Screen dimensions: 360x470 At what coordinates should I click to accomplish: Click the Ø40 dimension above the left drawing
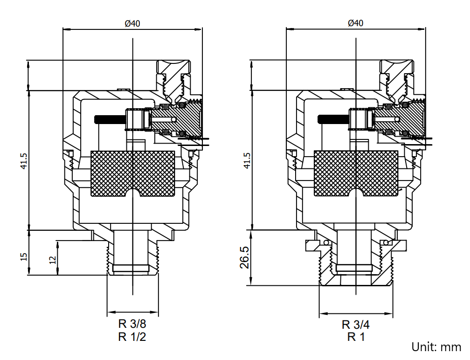click(132, 23)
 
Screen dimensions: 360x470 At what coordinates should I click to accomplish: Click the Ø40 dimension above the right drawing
click(356, 23)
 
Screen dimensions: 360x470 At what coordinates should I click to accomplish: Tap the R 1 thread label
click(356, 337)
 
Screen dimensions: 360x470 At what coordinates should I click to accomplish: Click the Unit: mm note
click(436, 347)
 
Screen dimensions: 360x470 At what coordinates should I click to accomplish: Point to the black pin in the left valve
click(109, 119)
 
